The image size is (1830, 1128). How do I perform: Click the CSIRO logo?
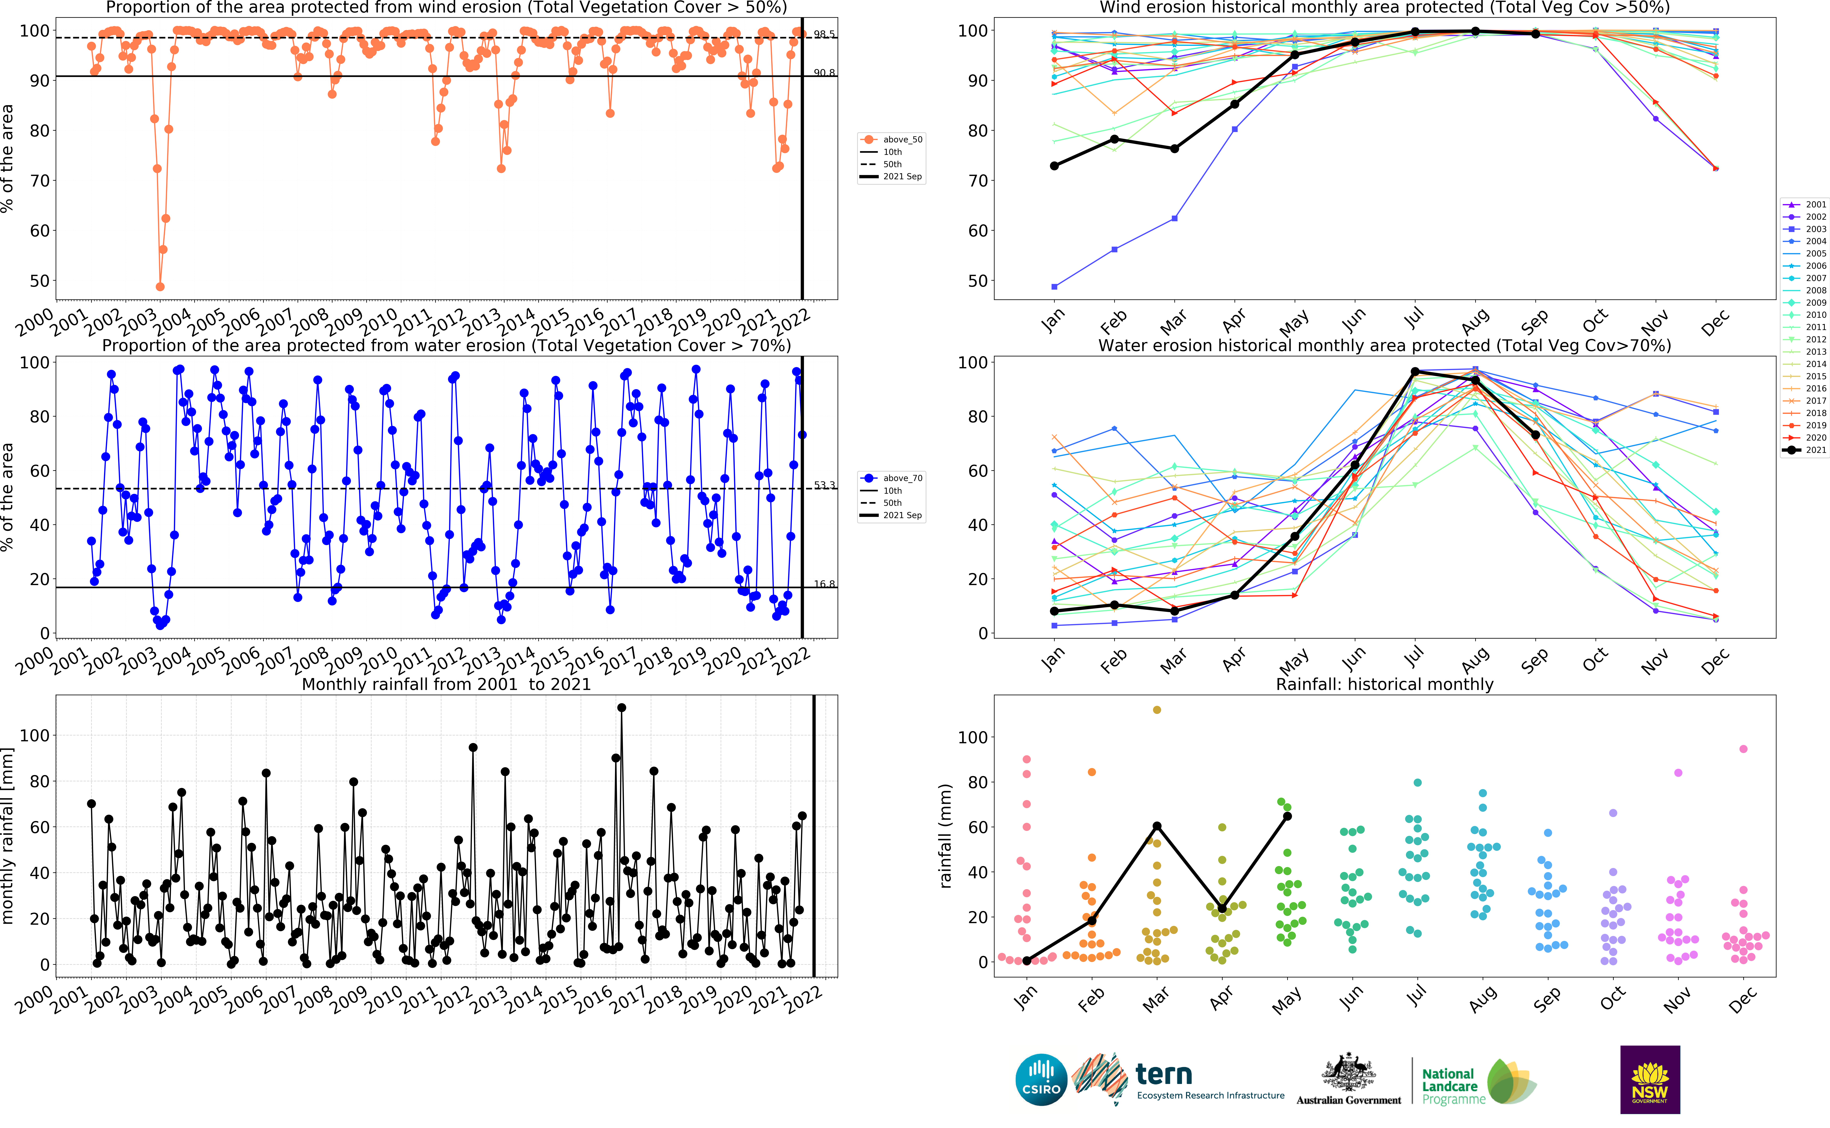click(x=1041, y=1080)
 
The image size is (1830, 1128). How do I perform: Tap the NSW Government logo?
click(x=1650, y=1080)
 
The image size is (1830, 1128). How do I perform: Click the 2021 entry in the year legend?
click(x=1805, y=450)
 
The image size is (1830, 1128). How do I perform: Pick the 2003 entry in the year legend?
click(x=1805, y=229)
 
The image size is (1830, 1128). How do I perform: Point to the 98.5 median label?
click(x=824, y=34)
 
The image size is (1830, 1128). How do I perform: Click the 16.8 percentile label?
click(x=824, y=584)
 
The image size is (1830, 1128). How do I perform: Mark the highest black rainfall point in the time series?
click(x=621, y=707)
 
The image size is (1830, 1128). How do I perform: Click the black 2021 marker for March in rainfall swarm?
click(x=1157, y=826)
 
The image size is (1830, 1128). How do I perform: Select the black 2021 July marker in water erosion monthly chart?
click(x=1415, y=371)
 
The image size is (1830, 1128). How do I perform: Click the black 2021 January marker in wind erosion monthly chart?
click(x=1055, y=166)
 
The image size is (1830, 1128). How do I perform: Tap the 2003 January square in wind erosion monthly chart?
click(x=1055, y=286)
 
